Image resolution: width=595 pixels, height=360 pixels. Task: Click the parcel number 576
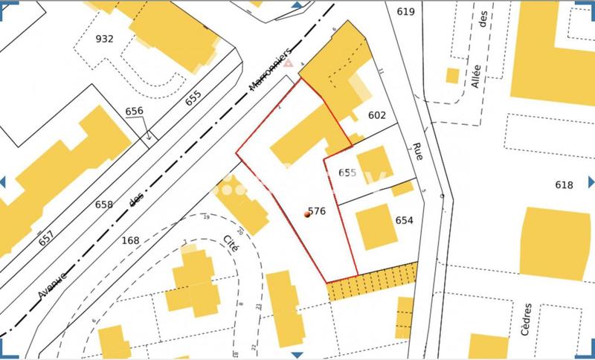coord(317,211)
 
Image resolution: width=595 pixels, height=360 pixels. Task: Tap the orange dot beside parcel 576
coord(307,214)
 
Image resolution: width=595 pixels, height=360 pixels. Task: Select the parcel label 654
coord(405,221)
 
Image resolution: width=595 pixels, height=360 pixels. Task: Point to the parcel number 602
coord(377,115)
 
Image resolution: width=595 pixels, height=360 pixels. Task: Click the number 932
coord(105,39)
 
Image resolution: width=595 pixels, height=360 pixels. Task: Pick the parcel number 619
coord(405,11)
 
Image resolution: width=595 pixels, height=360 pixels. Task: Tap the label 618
coord(565,185)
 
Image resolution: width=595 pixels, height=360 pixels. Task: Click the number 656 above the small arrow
coord(134,112)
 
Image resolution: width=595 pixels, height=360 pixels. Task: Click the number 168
coord(130,240)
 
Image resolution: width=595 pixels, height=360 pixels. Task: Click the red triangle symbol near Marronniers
coord(288,65)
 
